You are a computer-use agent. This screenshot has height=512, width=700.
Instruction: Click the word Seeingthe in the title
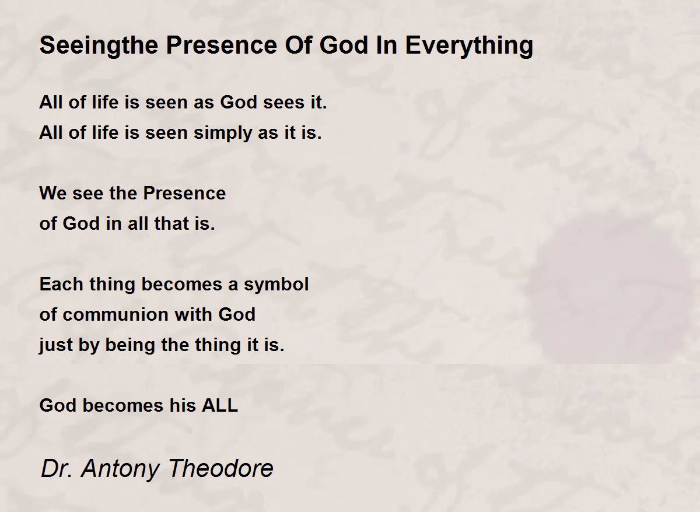pyautogui.click(x=99, y=46)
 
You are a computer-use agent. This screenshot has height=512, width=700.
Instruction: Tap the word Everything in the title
pyautogui.click(x=470, y=46)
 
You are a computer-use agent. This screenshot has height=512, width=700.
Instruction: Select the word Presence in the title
pyautogui.click(x=222, y=45)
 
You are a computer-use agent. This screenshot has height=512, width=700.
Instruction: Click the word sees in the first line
pyautogui.click(x=283, y=103)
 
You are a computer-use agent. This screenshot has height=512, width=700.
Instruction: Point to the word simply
pyautogui.click(x=222, y=134)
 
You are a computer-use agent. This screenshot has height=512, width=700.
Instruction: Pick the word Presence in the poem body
pyautogui.click(x=184, y=194)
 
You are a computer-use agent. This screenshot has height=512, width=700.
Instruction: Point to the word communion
pyautogui.click(x=116, y=314)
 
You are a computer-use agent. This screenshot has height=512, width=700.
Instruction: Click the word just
pyautogui.click(x=55, y=346)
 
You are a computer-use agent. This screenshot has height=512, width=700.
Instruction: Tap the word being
pyautogui.click(x=130, y=346)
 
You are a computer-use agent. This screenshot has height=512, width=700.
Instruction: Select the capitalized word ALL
pyautogui.click(x=220, y=405)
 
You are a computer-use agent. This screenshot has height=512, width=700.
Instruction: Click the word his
pyautogui.click(x=183, y=405)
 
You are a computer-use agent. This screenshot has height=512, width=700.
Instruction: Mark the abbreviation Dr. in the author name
pyautogui.click(x=57, y=468)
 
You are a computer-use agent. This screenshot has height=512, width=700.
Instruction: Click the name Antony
pyautogui.click(x=121, y=469)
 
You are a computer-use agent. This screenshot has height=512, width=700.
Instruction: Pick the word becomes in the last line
pyautogui.click(x=123, y=405)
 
